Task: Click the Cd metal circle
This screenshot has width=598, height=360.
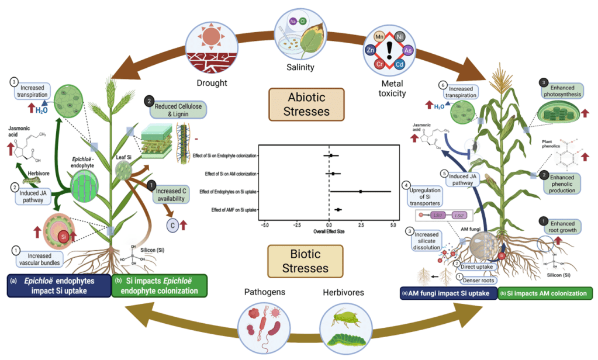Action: (401, 64)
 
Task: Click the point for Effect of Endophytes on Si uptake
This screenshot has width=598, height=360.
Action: (361, 191)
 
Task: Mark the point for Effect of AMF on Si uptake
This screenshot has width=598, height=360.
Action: (338, 209)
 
